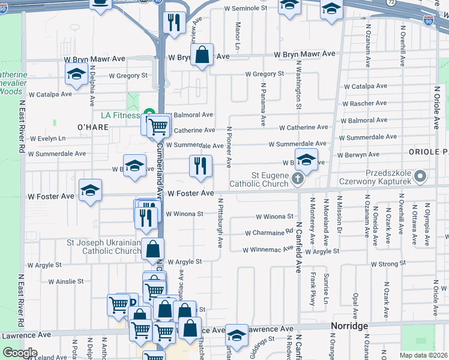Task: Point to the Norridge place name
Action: pos(349,326)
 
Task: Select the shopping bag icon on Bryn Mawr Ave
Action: pos(203,55)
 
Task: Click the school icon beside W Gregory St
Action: pos(76,75)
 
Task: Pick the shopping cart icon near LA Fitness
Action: pos(158,127)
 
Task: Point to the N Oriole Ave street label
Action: pos(437,106)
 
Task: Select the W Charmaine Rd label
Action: pos(268,233)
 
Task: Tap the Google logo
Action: pos(20,353)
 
